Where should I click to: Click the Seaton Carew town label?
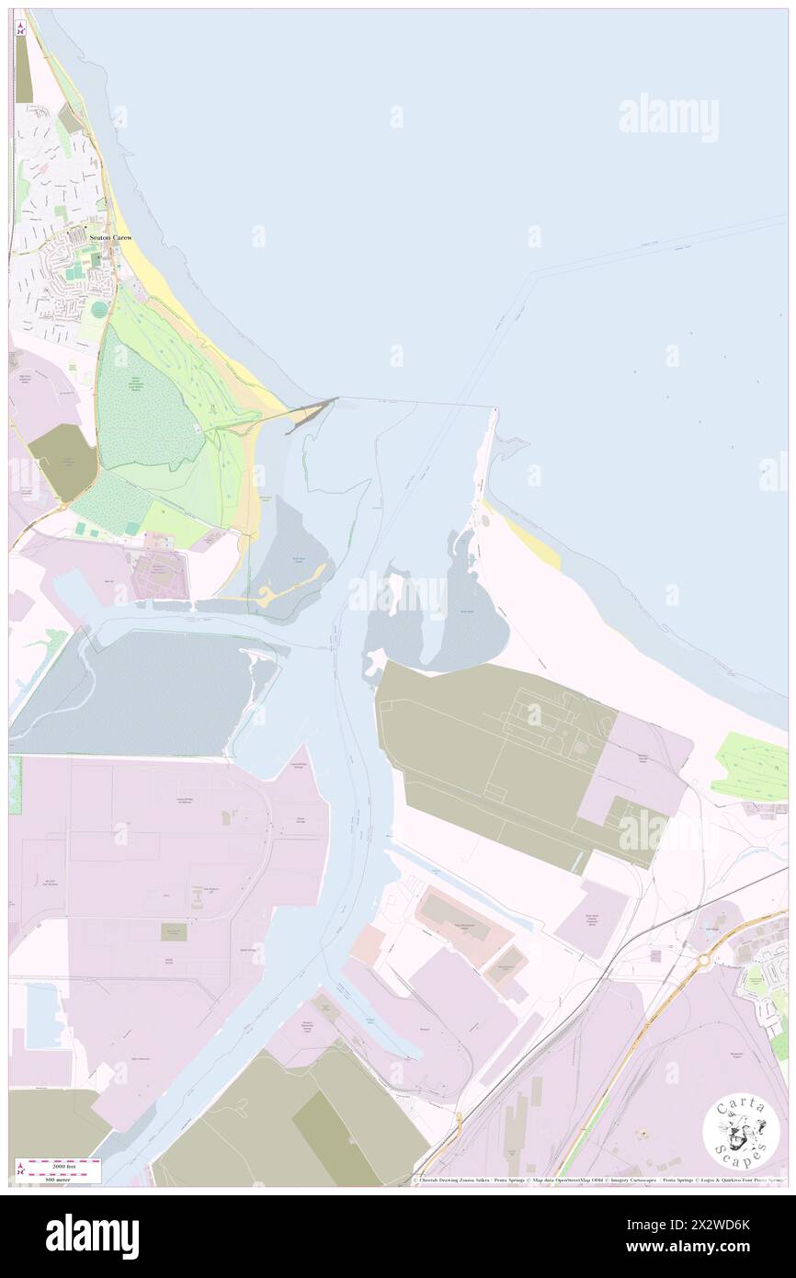[x=110, y=237]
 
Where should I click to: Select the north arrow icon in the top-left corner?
[x=20, y=29]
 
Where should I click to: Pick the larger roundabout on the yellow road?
[x=704, y=958]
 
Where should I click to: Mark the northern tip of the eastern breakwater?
[x=495, y=411]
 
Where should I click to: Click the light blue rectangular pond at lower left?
[x=44, y=1015]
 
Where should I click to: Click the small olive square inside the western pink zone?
[x=174, y=932]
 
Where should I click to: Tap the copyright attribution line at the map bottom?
[x=597, y=1181]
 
